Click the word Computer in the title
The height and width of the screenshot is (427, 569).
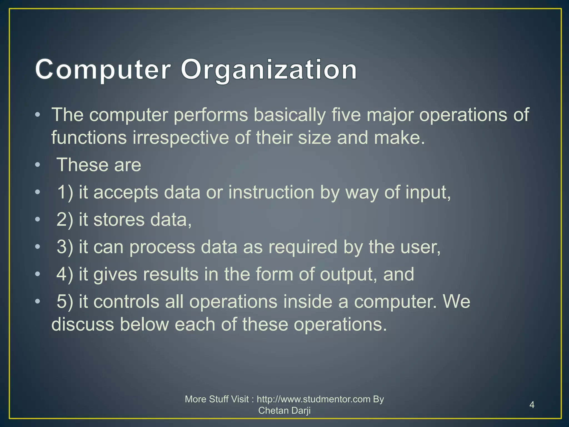103,70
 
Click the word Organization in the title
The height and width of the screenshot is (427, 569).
269,70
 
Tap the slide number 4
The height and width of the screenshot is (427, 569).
532,405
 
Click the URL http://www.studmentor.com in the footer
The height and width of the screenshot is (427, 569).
313,399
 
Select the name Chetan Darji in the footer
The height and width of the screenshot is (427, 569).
284,411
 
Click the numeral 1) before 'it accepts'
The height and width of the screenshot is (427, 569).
65,192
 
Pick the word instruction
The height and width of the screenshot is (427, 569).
271,192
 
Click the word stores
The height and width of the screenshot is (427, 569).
119,220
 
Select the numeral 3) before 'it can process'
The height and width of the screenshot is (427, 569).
65,247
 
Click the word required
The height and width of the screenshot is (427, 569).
303,247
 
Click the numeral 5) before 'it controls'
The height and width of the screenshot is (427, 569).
65,302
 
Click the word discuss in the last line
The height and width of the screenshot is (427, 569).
83,324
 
